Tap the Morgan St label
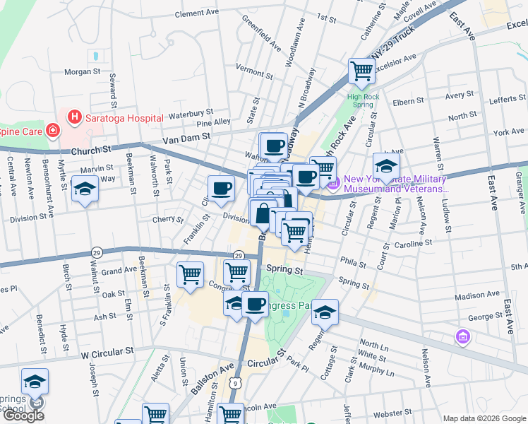(x=83, y=71)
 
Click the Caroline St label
(x=414, y=242)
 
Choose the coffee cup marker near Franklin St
(x=222, y=189)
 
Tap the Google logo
(x=23, y=416)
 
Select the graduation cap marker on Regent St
(x=325, y=312)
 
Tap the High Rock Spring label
(x=360, y=100)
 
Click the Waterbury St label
(x=191, y=112)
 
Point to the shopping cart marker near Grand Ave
(x=191, y=274)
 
